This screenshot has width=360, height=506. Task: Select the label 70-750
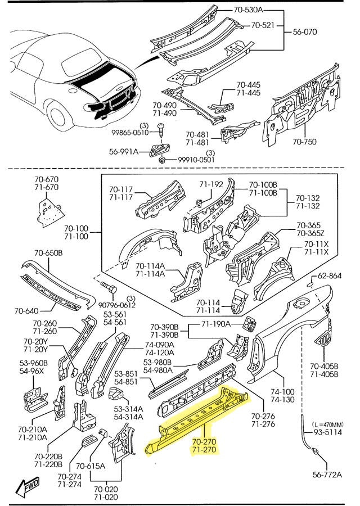click(305, 143)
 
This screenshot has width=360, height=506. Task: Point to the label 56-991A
click(123, 151)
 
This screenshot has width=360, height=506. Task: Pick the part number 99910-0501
click(196, 160)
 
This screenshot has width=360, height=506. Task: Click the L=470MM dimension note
click(329, 418)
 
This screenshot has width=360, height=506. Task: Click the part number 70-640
click(26, 311)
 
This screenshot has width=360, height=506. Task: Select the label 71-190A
click(216, 323)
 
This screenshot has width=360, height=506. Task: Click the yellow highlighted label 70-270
click(204, 442)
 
